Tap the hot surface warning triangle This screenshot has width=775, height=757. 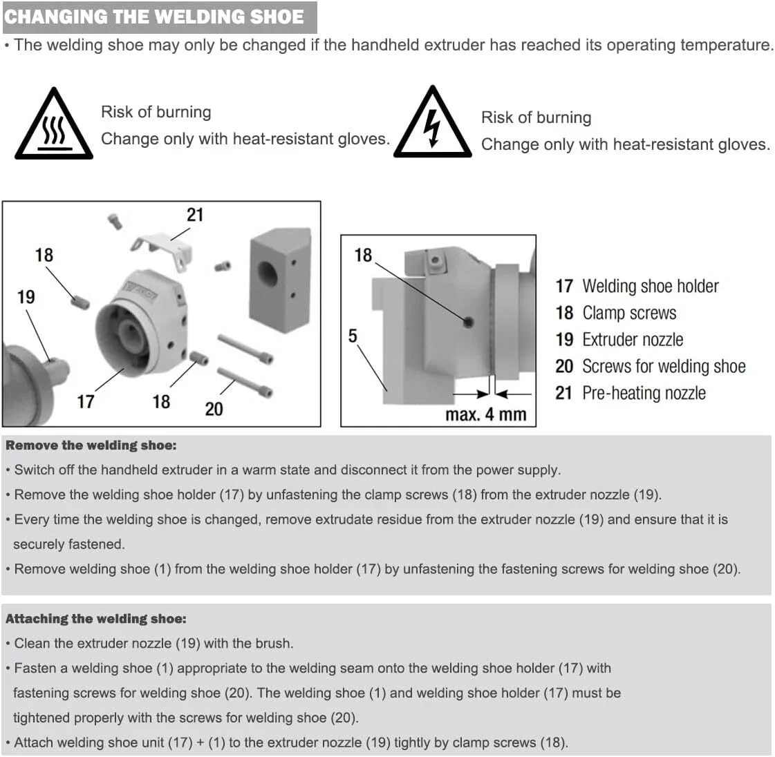coord(54,127)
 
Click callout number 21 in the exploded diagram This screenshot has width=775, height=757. coord(195,215)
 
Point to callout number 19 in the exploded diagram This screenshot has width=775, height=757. coord(26,297)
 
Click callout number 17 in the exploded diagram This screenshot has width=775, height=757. coord(85,401)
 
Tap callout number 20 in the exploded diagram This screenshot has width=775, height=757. coord(214,409)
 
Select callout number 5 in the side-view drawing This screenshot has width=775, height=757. coord(353,336)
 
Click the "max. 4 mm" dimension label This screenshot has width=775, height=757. coord(486,414)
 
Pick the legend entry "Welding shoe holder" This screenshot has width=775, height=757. coord(650,286)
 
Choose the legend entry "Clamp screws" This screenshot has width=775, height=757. coord(629,313)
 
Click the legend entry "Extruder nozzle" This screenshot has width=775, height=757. coord(632,340)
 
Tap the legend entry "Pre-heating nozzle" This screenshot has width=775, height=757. coord(644,393)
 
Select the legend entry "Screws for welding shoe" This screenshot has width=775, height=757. coord(663,366)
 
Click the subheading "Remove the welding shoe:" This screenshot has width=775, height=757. coord(91,445)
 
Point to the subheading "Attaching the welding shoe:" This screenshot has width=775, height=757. coord(96,619)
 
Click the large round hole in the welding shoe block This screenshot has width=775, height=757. coord(268,275)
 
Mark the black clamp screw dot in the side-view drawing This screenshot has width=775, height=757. coord(468,321)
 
